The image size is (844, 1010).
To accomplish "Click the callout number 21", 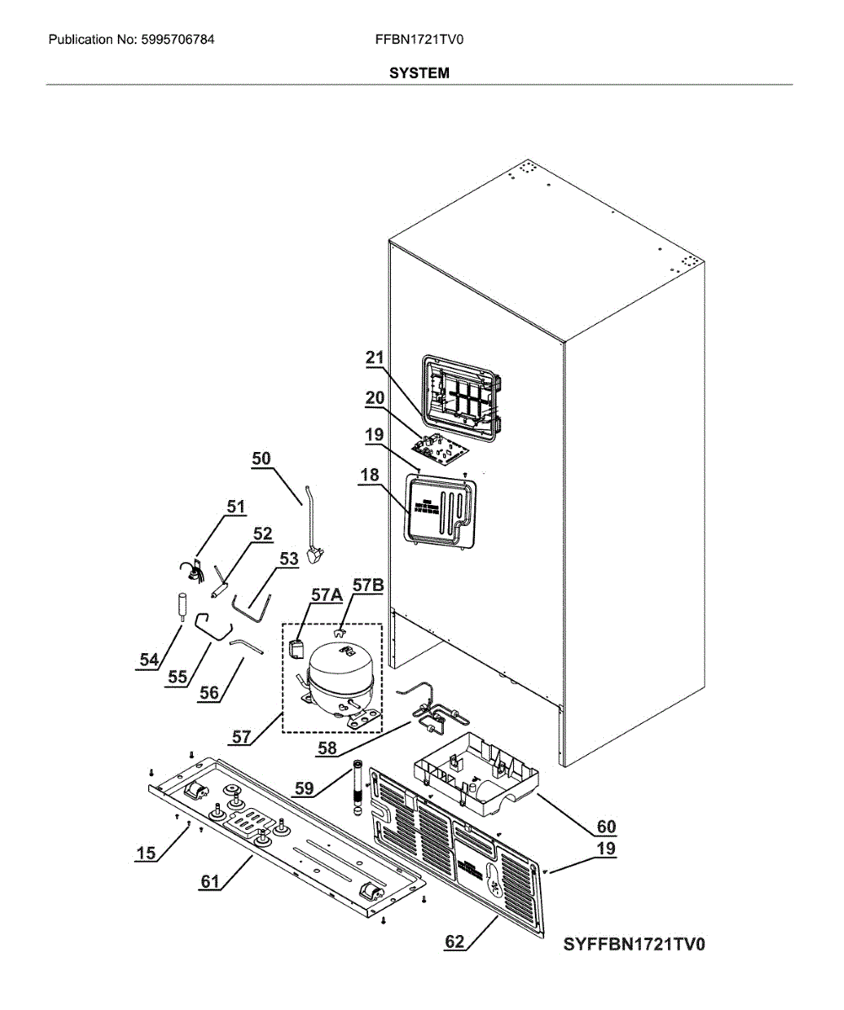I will (374, 358).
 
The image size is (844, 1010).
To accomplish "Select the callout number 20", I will (374, 397).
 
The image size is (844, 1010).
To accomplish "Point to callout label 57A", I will (326, 595).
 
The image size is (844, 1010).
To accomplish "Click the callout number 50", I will (261, 458).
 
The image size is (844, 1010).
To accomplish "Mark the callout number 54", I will (149, 662).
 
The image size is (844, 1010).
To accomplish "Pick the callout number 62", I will (455, 943).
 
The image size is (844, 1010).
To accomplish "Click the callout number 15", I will (146, 853).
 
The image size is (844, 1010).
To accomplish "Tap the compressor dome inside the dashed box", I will (335, 662).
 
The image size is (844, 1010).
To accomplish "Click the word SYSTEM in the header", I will (419, 73).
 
